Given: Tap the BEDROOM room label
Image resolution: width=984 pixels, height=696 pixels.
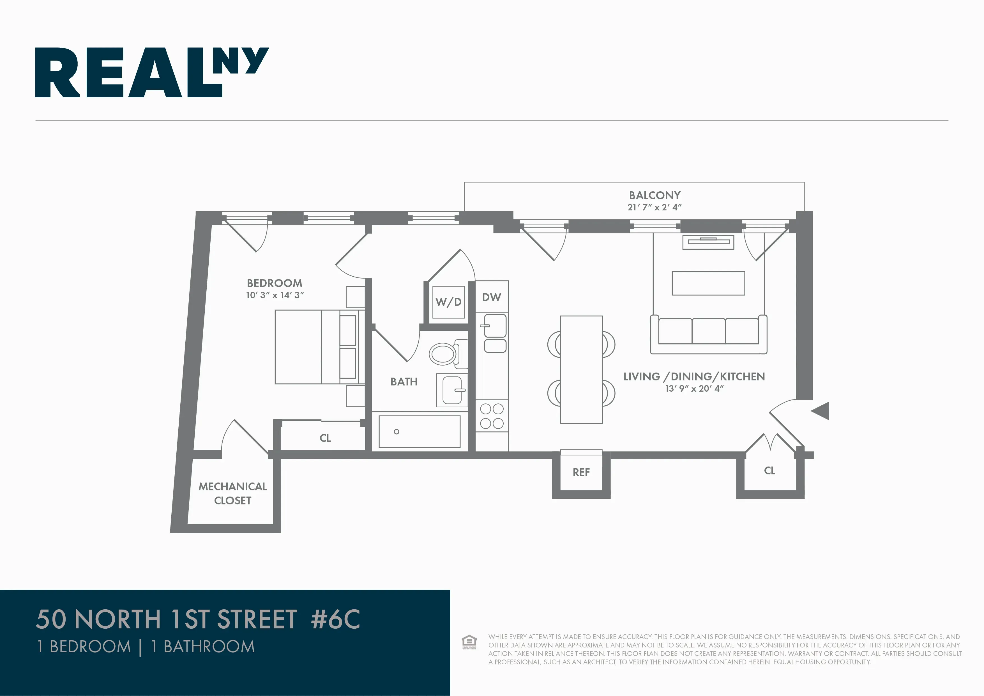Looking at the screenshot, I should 274,283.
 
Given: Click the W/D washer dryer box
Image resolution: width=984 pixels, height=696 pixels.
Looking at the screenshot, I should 449,302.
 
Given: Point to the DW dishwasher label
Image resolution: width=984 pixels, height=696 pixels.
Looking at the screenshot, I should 492,297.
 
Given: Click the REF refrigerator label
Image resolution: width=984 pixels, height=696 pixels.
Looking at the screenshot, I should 581,472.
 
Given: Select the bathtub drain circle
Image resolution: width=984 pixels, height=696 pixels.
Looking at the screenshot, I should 397,431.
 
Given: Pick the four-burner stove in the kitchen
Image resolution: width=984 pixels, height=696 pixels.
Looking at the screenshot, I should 492,416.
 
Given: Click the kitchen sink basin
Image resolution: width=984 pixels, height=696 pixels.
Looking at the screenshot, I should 496,326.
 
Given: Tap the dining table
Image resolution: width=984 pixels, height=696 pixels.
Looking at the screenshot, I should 581,370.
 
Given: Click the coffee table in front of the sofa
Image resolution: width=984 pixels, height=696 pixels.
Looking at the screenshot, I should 708,283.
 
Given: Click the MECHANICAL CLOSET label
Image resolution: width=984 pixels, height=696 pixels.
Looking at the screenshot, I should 233,493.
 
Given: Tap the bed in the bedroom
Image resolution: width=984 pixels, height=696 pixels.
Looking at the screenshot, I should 317,347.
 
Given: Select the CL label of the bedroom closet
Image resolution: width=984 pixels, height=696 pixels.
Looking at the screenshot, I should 325,438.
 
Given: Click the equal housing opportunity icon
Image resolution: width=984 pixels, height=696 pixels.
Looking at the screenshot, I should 469,642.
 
